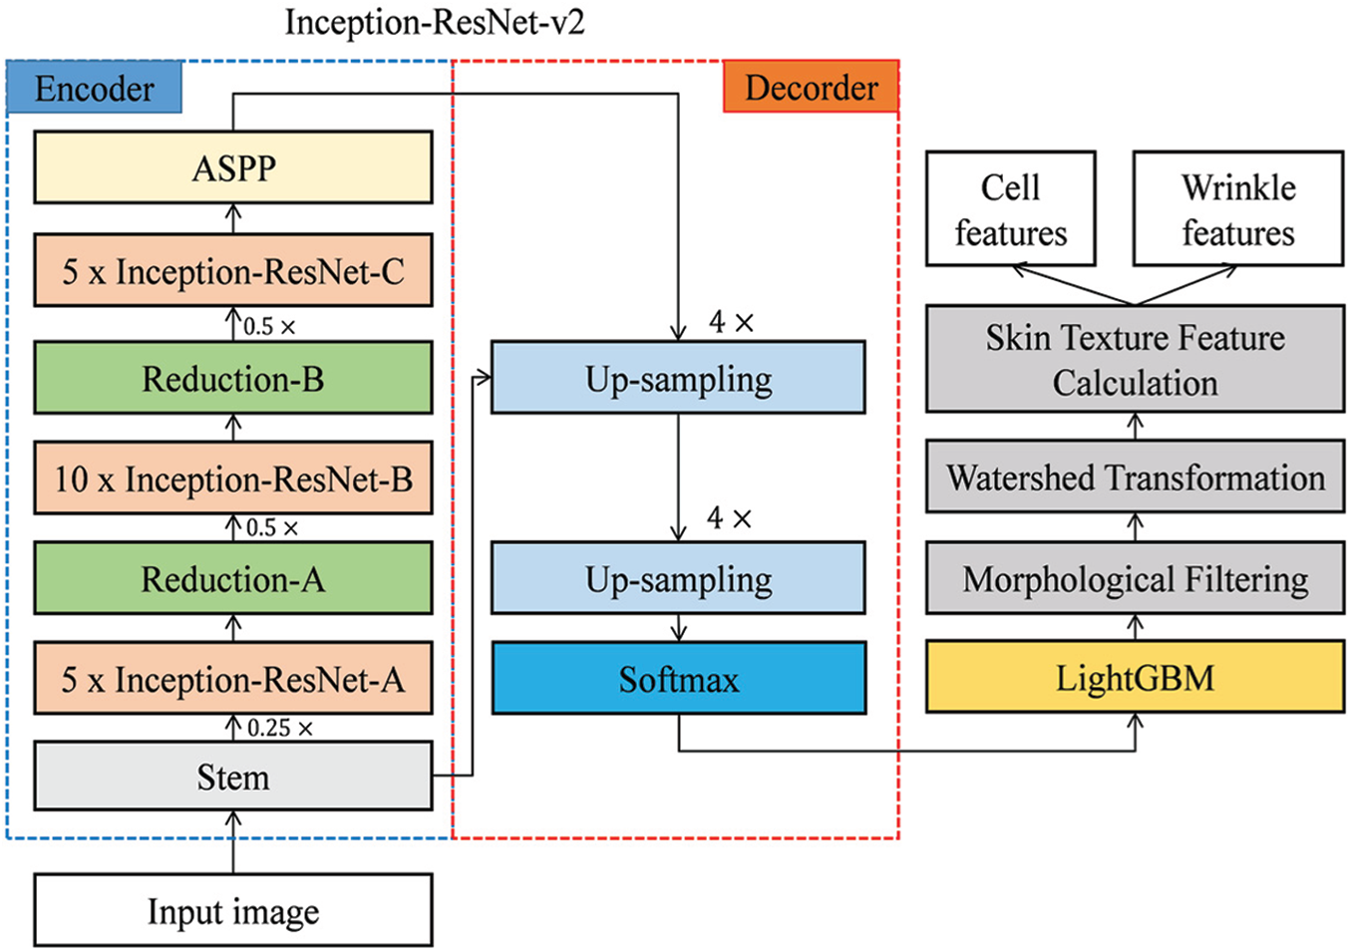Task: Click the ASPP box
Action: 233,167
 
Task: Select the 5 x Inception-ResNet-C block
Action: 233,271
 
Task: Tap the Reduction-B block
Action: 233,379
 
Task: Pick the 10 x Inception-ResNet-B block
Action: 233,478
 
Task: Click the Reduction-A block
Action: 233,578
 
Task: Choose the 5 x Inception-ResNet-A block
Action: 233,679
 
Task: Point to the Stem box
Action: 233,776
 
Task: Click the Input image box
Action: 233,910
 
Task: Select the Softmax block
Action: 678,679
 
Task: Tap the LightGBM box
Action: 1135,678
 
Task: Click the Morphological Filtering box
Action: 1135,578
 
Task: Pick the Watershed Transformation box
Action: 1135,477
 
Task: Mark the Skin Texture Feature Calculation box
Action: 1135,360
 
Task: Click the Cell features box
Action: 1010,209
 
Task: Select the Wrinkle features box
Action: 1237,209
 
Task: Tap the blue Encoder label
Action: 95,88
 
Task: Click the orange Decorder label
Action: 811,87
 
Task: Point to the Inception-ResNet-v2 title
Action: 435,22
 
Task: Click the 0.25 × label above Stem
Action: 279,728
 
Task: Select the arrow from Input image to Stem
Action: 233,843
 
